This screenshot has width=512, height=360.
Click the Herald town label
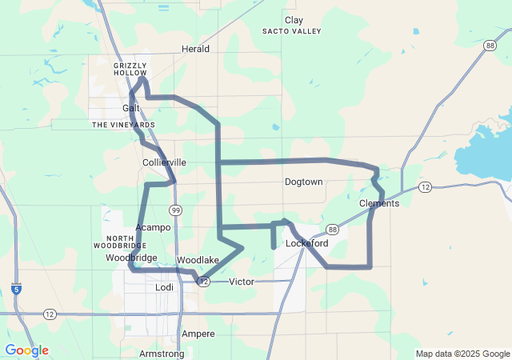pos(195,49)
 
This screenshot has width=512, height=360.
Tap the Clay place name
pos(294,20)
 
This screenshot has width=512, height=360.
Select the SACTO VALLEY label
pos(291,32)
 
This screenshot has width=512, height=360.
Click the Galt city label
pos(131,108)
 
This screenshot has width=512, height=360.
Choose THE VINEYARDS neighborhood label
pos(124,125)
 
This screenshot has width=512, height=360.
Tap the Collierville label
pos(164,162)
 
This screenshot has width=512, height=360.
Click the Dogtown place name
pos(303,182)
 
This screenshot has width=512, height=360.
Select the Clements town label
pos(379,204)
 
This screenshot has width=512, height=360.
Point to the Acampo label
pos(153,228)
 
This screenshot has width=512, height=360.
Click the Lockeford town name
pos(307,243)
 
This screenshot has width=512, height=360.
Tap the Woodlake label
pos(198,261)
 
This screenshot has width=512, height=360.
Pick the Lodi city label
pos(164,286)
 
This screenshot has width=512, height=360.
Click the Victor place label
pos(242,282)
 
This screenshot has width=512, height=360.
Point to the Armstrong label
pos(162,354)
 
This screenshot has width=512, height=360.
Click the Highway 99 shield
pos(174,210)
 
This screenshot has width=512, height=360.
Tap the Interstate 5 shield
pos(16,289)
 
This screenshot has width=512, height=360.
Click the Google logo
pos(26,350)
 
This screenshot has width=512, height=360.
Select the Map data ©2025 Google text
pos(462,354)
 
